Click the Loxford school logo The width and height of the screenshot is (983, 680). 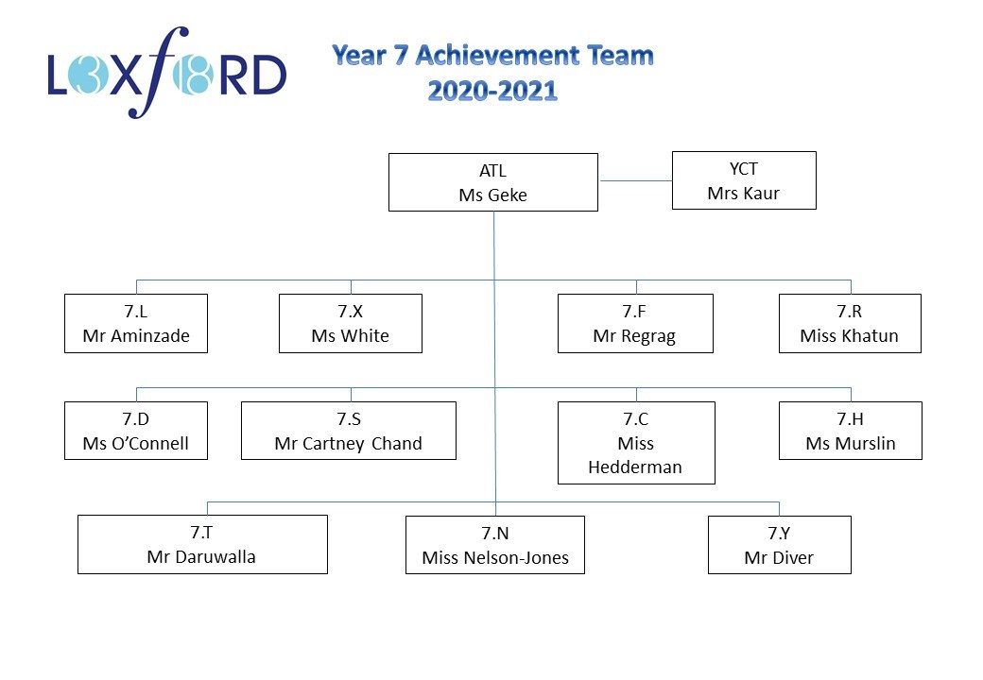coord(166,73)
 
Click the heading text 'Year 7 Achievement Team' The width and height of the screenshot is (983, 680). coord(492,56)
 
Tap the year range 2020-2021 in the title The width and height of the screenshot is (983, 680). coord(492,91)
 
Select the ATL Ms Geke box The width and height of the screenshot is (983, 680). coord(493,182)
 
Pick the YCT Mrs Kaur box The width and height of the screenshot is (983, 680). coord(744,180)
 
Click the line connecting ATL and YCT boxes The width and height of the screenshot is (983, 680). coord(636,181)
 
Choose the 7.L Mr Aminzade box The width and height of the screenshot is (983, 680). coord(136,324)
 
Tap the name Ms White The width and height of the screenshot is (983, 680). coord(351,335)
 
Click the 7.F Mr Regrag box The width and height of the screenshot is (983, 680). coord(636,324)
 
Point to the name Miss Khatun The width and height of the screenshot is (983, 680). coord(850,335)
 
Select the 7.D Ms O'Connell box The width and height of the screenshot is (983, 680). coord(136,431)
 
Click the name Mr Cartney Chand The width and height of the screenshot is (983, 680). coord(349,443)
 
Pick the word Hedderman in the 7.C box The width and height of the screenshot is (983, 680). coord(635,467)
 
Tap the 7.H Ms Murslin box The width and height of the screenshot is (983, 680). coord(851,431)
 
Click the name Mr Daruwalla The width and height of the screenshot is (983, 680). coord(201,556)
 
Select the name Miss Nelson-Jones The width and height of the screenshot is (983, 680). coord(495,557)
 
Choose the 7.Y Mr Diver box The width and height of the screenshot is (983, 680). coord(780,545)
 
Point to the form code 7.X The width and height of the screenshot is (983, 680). coord(351,312)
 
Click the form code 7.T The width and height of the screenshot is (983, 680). coord(201,533)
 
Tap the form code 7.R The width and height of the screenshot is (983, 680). coord(850,312)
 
